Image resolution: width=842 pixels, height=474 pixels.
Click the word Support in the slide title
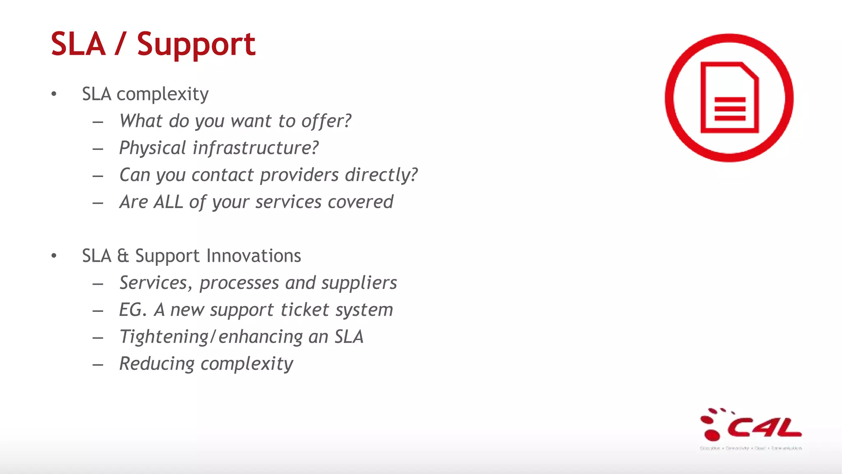[196, 44]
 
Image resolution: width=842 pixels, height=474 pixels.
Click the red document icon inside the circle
[729, 98]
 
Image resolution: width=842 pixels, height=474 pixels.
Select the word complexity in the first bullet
[162, 95]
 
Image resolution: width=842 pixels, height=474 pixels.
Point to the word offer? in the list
[326, 121]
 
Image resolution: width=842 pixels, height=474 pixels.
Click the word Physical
[153, 148]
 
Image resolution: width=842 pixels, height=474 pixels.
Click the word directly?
[382, 175]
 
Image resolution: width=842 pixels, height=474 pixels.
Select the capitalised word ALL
[168, 202]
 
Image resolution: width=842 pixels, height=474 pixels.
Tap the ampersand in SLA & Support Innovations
[123, 256]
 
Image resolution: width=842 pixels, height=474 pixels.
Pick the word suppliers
[359, 283]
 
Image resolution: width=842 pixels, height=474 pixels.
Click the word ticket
[305, 310]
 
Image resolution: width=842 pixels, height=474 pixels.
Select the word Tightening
[164, 337]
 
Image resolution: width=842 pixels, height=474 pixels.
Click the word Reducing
[157, 364]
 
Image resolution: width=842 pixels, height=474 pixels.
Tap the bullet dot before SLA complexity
[54, 94]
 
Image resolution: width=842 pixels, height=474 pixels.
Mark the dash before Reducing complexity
[98, 365]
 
